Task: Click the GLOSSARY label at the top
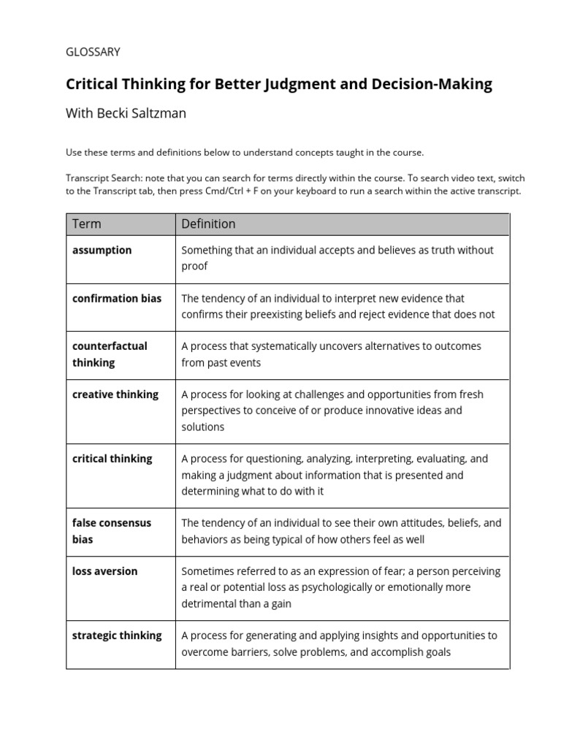(93, 52)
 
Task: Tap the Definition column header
(208, 224)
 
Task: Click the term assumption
(102, 250)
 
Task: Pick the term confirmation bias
(117, 298)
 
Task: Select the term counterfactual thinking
(110, 354)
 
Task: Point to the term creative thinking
(115, 394)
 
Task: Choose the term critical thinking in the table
(112, 459)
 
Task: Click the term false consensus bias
(112, 531)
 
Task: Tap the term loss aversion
(104, 571)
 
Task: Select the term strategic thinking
(117, 636)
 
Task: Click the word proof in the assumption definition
(194, 266)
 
